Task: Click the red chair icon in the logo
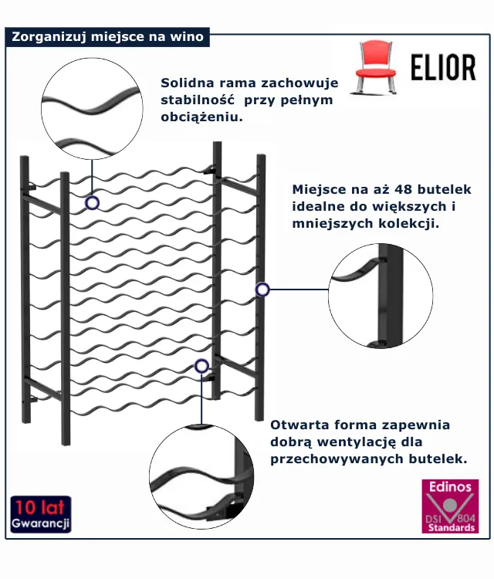pos(375,67)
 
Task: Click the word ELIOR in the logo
pos(442,69)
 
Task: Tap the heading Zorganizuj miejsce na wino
pos(107,36)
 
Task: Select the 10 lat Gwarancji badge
pos(41,515)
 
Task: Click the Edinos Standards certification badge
pos(450,506)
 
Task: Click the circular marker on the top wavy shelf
pos(92,203)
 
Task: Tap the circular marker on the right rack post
pos(262,289)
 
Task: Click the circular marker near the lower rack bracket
pos(202,366)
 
